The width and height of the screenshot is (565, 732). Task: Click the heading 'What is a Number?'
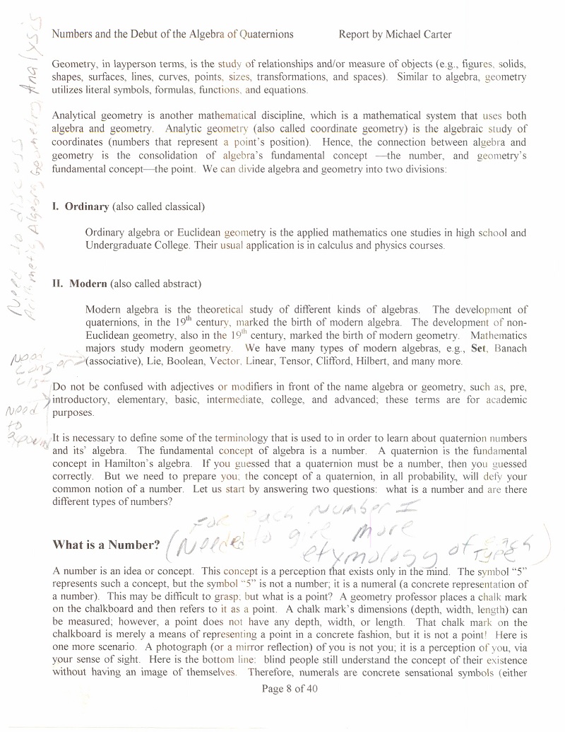point(106,545)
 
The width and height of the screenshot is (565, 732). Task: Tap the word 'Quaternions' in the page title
point(266,34)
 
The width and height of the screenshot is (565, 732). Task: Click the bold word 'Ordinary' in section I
point(87,207)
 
